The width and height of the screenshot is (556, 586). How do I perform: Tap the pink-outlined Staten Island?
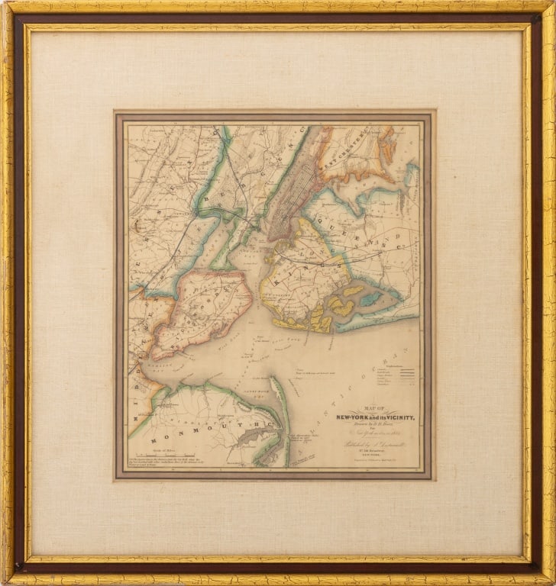click(x=200, y=313)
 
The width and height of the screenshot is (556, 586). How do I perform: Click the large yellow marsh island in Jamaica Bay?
click(x=341, y=307)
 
